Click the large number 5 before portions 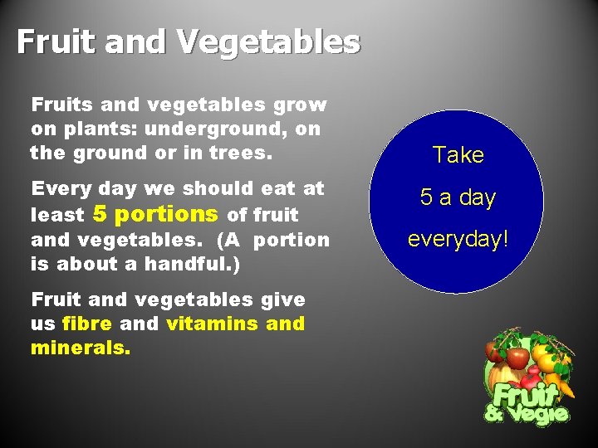(x=100, y=214)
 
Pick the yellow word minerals (x=80, y=348)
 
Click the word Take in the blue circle (x=458, y=155)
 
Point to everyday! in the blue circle (x=457, y=239)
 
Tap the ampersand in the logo (x=495, y=411)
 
